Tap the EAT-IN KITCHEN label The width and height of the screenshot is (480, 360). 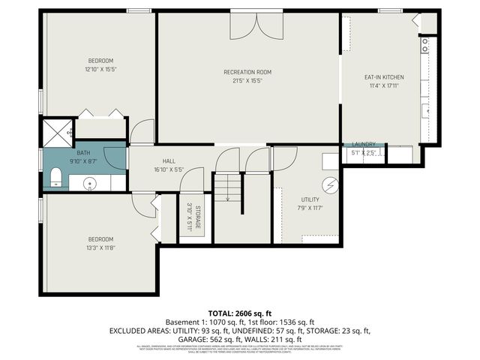384,77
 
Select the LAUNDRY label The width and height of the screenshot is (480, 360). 364,144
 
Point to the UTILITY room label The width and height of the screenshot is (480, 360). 310,199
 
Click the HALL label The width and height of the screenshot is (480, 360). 169,161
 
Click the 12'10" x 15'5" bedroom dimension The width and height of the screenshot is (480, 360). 100,69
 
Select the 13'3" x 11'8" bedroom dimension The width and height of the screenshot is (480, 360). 100,247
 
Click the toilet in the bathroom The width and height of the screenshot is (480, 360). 55,177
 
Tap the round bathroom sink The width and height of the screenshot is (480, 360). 89,182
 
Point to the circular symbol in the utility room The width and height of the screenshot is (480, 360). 328,184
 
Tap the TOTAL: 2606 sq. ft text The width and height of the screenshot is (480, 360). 239,312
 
